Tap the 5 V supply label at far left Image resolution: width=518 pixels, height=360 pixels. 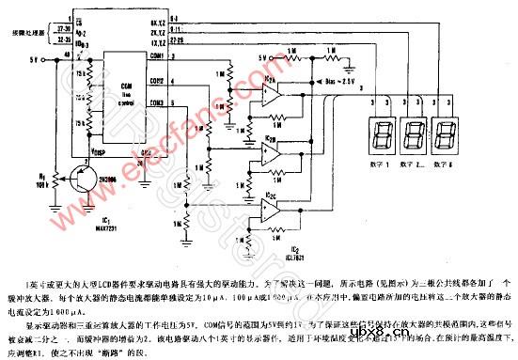(35, 57)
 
